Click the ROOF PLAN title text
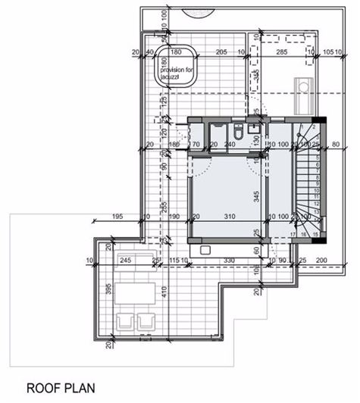(61, 388)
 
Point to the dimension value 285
(281, 52)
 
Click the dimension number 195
(116, 217)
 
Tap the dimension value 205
(221, 52)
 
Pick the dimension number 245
(125, 261)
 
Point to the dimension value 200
(321, 261)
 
